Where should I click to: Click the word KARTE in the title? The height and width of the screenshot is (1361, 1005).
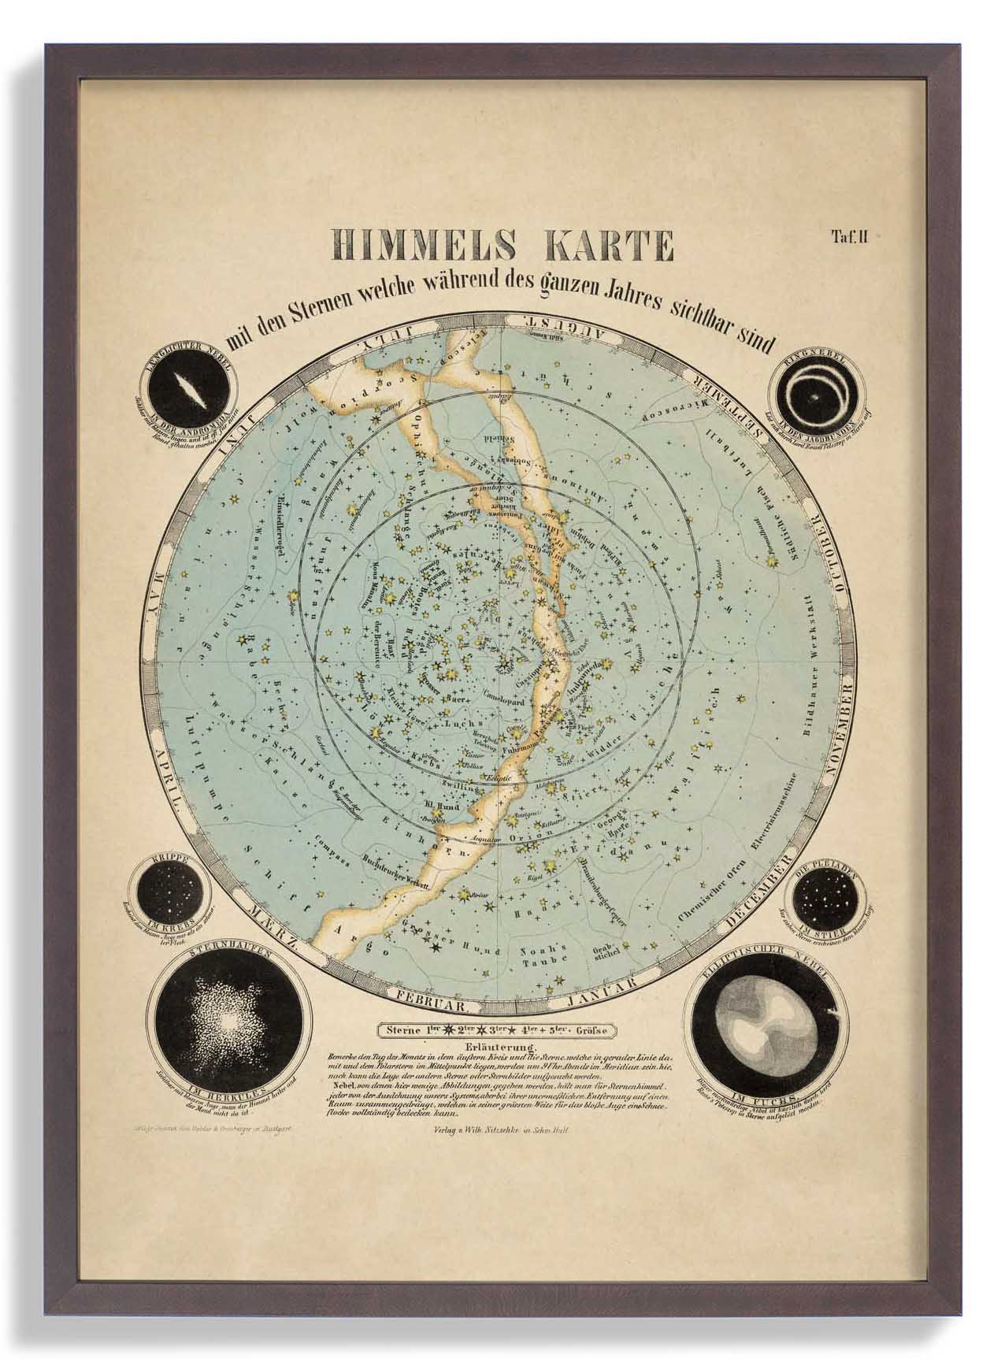(x=602, y=246)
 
